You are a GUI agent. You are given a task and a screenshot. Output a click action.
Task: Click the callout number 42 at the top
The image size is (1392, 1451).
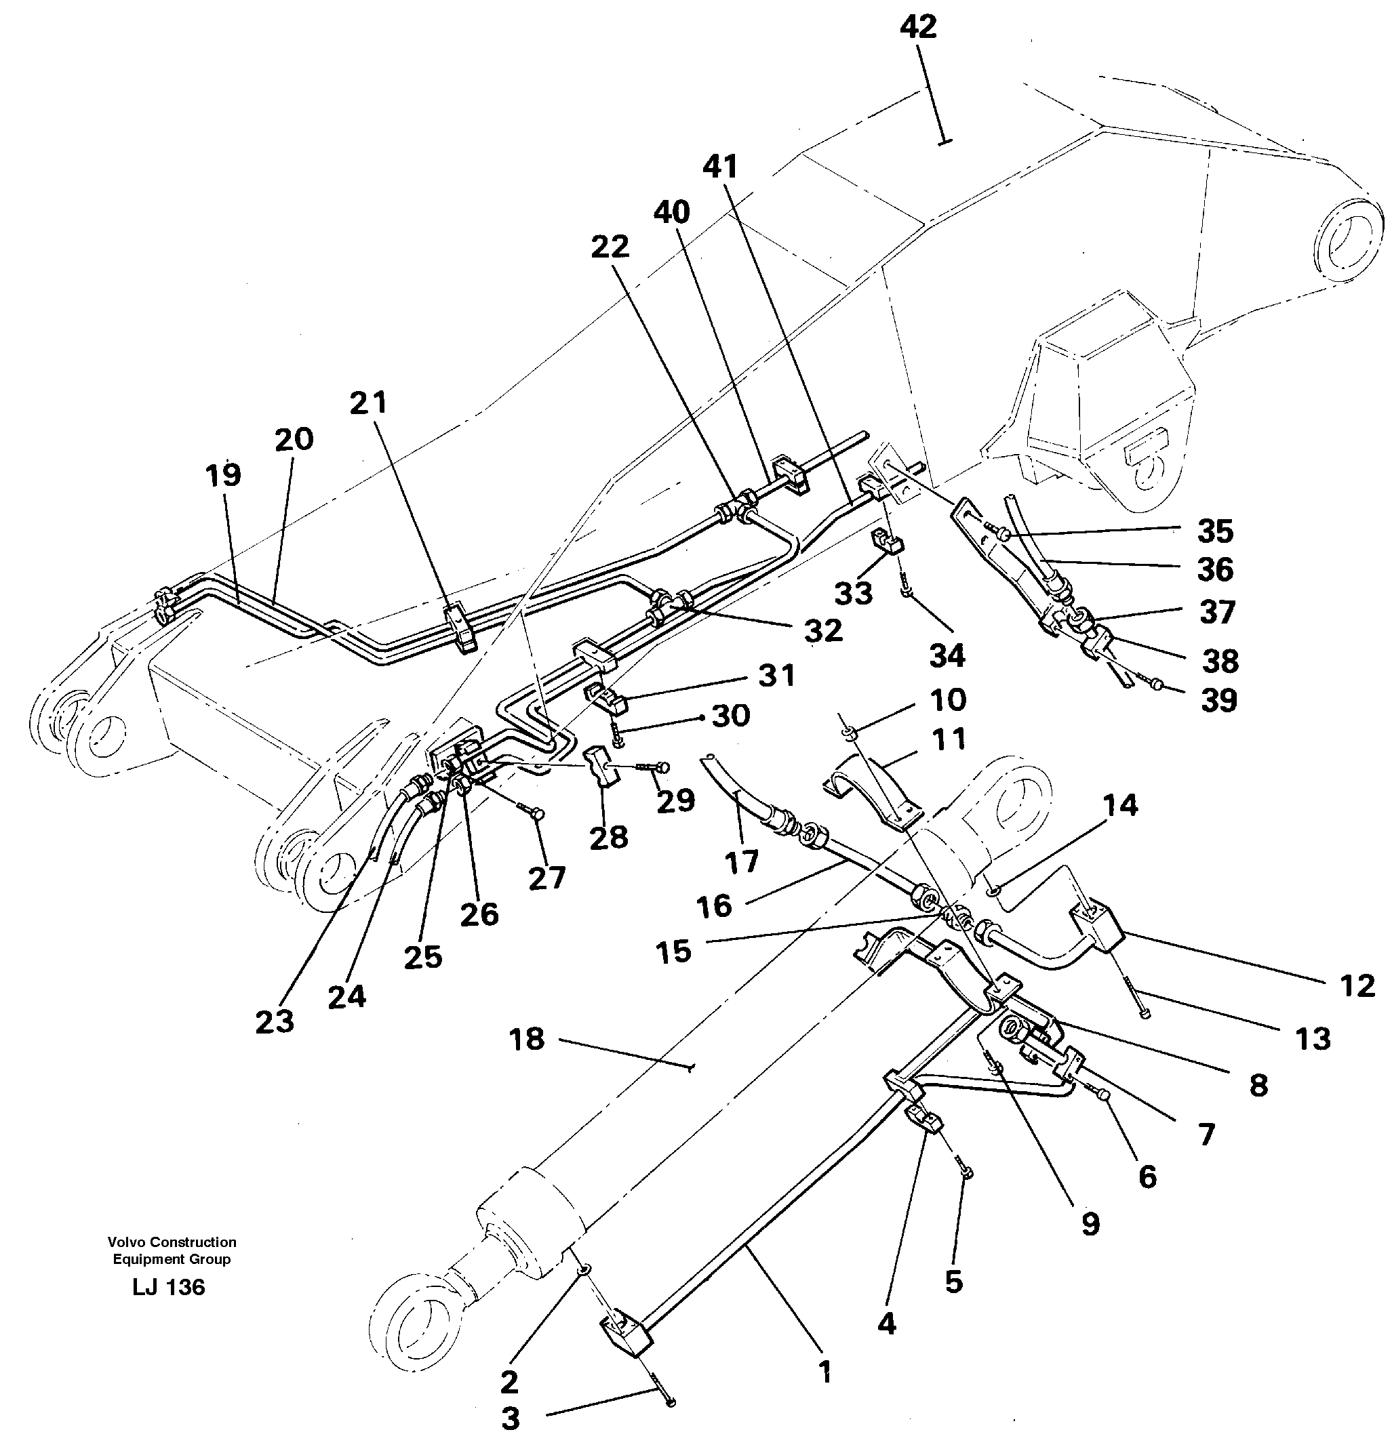pos(918,27)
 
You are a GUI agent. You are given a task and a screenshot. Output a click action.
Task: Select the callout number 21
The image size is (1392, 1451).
pos(368,403)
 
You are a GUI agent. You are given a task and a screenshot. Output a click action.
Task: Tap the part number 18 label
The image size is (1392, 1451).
pos(527,1040)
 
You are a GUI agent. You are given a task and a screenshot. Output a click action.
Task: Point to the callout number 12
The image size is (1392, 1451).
pos(1357,985)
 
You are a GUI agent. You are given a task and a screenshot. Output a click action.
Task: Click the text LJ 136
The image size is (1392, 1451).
pos(169,1286)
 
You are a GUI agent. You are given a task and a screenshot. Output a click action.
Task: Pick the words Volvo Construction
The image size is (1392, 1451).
pos(172,1242)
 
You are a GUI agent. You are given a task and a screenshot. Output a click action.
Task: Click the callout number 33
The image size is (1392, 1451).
pos(853,593)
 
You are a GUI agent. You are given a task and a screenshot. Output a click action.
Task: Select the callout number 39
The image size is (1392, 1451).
pos(1218,699)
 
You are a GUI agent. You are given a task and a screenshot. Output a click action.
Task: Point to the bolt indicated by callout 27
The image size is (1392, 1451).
pos(534,813)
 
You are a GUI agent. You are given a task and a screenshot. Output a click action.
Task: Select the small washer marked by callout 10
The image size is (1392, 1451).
pos(849,732)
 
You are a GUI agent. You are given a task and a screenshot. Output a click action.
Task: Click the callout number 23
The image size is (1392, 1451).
pos(274,1021)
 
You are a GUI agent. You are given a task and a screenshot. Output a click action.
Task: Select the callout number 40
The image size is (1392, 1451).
pos(671,213)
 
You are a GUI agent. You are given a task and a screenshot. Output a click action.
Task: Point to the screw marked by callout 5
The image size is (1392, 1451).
pos(966,1170)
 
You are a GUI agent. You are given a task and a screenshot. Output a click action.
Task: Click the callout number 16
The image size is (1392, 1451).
pos(714,905)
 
